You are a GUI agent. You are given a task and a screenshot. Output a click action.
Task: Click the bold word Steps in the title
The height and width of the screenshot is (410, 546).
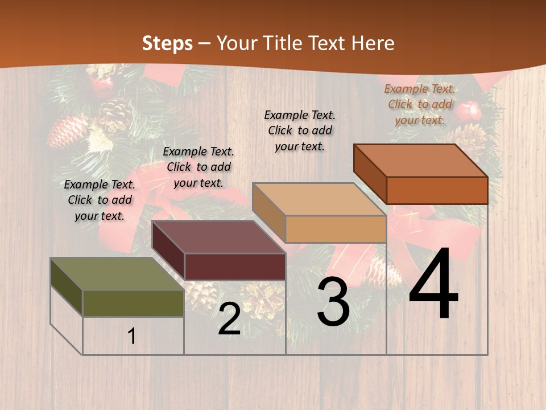coord(167,43)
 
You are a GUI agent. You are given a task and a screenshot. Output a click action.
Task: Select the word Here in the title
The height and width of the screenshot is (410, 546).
coord(373,43)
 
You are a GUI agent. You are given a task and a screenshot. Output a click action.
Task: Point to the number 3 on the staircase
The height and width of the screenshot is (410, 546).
coord(333,302)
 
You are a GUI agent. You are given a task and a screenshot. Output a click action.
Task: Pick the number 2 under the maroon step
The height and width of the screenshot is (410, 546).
coord(229,319)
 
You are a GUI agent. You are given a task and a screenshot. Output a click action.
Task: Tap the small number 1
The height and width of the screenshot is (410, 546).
coord(131,336)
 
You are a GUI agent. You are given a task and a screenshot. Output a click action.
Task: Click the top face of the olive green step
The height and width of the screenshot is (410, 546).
coord(117,274)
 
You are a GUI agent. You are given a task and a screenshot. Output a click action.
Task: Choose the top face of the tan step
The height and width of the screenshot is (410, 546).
coord(319,199)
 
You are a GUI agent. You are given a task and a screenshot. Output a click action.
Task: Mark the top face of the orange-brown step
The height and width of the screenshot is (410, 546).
coord(420,160)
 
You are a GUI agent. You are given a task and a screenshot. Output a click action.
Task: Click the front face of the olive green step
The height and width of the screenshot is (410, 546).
coord(133,303)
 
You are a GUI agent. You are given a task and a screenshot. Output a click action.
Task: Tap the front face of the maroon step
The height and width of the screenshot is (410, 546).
coord(235,266)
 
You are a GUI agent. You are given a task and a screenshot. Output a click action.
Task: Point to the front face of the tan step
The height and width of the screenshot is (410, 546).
coord(336,229)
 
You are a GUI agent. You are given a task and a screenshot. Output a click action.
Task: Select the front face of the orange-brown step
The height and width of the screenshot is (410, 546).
coord(437,190)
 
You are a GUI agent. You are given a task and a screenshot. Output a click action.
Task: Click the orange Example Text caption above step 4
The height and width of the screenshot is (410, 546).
coord(420,104)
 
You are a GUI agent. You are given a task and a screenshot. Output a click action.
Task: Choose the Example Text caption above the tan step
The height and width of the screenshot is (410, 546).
coord(300,130)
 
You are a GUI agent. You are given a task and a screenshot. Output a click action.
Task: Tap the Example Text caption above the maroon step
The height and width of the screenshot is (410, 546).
coord(198,167)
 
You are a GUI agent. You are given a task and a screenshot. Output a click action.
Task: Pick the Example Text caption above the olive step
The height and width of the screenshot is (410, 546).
coord(100,200)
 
